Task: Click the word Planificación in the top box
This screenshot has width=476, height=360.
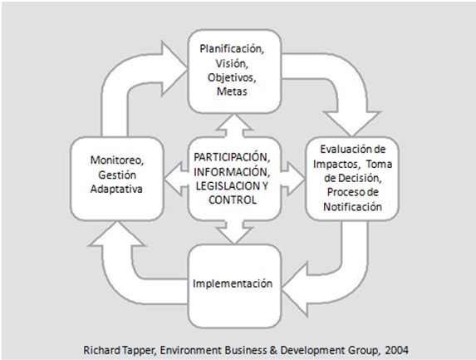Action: tap(232, 48)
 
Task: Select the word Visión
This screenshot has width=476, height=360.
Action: tap(232, 63)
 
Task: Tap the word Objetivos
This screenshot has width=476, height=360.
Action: tap(232, 77)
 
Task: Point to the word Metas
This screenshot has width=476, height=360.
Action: tap(232, 91)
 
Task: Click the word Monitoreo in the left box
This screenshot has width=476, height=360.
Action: tap(117, 160)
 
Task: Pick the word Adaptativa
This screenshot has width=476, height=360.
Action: tap(116, 189)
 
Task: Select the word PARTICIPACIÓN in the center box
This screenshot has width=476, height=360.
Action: tap(232, 157)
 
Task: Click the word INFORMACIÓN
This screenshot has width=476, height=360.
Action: tap(232, 172)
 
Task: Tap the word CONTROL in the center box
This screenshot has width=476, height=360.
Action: tap(233, 200)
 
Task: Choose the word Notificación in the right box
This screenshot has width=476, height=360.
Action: tap(352, 207)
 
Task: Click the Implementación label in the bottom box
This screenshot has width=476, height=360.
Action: tap(233, 284)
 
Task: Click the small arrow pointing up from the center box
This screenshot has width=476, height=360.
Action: tap(234, 126)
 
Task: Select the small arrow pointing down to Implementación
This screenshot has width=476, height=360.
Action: tap(234, 232)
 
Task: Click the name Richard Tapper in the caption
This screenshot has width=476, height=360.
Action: tap(120, 350)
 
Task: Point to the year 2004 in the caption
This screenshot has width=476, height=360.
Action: tap(397, 350)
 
